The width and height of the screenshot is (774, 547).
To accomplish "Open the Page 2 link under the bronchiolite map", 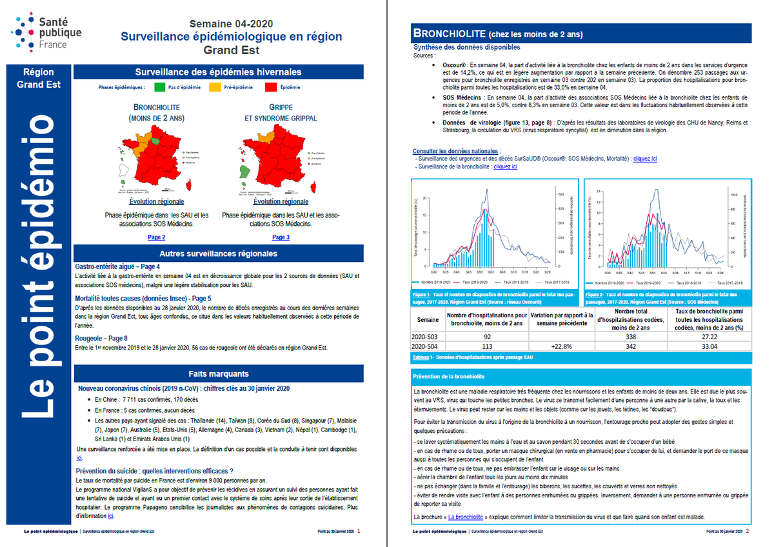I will click(x=156, y=237).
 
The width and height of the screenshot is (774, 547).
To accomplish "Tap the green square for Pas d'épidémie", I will click(x=157, y=86).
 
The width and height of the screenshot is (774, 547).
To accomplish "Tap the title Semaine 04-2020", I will click(x=231, y=24).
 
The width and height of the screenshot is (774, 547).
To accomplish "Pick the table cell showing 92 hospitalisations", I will click(x=487, y=337).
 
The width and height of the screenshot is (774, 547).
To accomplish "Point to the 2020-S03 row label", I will click(x=428, y=337).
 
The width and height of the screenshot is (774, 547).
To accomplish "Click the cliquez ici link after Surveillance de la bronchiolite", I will click(x=505, y=166).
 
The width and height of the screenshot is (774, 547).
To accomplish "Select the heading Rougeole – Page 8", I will click(x=101, y=338).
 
